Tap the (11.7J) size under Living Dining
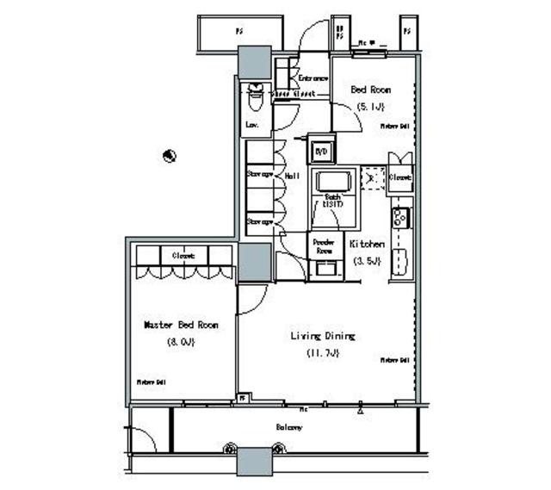(x=324, y=353)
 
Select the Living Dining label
(x=324, y=336)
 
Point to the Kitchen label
(x=367, y=245)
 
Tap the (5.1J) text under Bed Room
(x=371, y=106)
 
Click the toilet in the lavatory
(x=255, y=97)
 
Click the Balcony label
(x=289, y=427)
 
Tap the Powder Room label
(x=324, y=245)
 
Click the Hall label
(x=292, y=175)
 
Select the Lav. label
(x=252, y=125)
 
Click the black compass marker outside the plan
(x=170, y=156)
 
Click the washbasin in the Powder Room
(x=325, y=270)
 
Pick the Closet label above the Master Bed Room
(x=183, y=256)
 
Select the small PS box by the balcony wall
(x=244, y=398)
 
